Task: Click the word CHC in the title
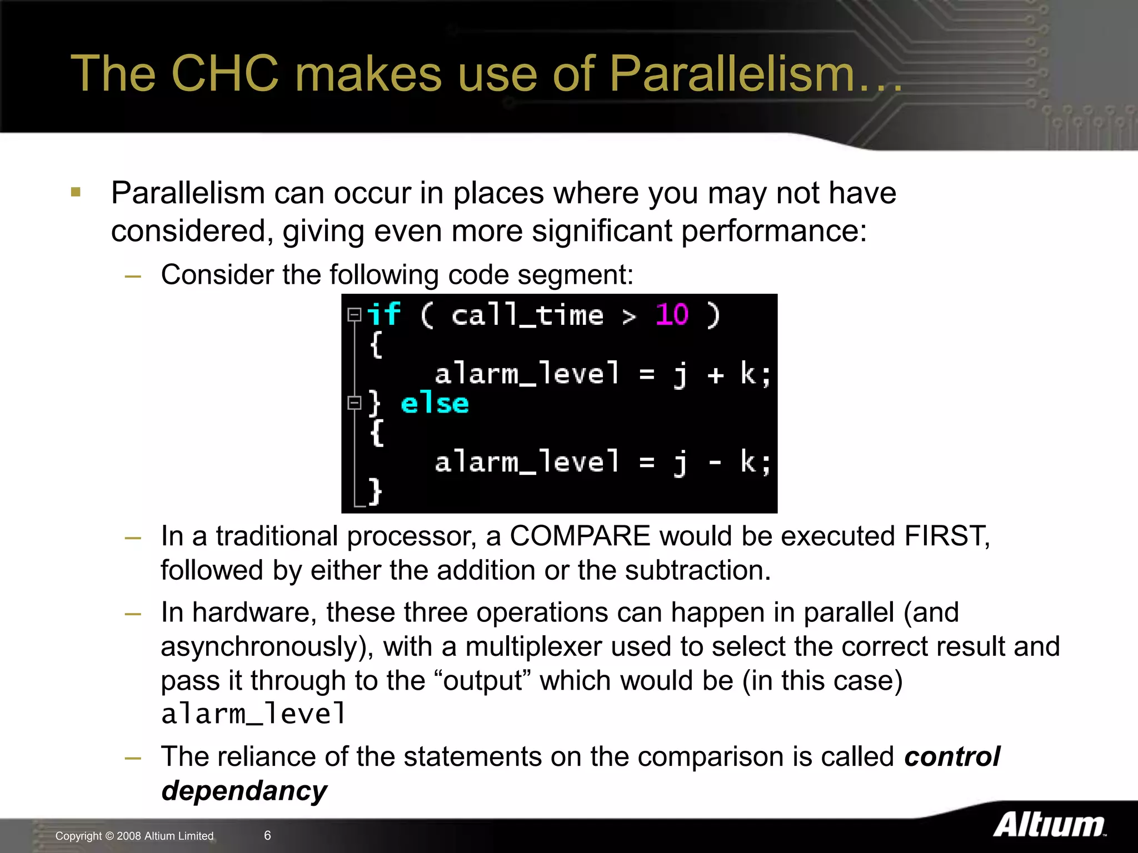[x=224, y=74]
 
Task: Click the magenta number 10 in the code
[x=672, y=315]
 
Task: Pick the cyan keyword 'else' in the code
[x=435, y=403]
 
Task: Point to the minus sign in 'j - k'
[x=715, y=462]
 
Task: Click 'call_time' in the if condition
[x=527, y=316]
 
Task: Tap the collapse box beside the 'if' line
[x=354, y=315]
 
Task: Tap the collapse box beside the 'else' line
[x=354, y=403]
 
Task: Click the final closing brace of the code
[x=376, y=491]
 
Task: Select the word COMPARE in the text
[x=580, y=536]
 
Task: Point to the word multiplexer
[x=533, y=647]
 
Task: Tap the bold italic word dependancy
[x=244, y=791]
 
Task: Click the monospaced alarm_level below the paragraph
[x=253, y=714]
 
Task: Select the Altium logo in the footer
[x=1049, y=825]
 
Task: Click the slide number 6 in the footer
[x=267, y=835]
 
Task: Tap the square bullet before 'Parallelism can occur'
[x=76, y=193]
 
